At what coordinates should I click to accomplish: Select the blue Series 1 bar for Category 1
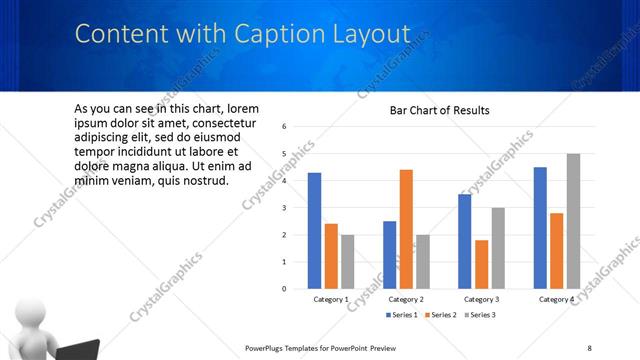coord(314,230)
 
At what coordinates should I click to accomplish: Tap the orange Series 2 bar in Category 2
coord(406,228)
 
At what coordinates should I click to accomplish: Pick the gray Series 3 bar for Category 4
coord(573,221)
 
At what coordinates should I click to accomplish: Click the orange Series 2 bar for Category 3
coord(482,264)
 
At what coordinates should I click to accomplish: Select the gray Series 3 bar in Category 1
coord(347,261)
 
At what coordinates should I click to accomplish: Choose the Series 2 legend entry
coord(439,315)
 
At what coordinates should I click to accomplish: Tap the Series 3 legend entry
coord(478,315)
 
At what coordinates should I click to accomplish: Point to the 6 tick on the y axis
coord(285,127)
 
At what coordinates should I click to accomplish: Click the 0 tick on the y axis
coord(285,289)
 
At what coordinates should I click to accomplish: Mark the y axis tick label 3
coord(285,208)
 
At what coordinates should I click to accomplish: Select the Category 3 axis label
coord(481,300)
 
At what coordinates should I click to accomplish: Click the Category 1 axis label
coord(330,300)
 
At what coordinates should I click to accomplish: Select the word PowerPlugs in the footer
coord(265,347)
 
